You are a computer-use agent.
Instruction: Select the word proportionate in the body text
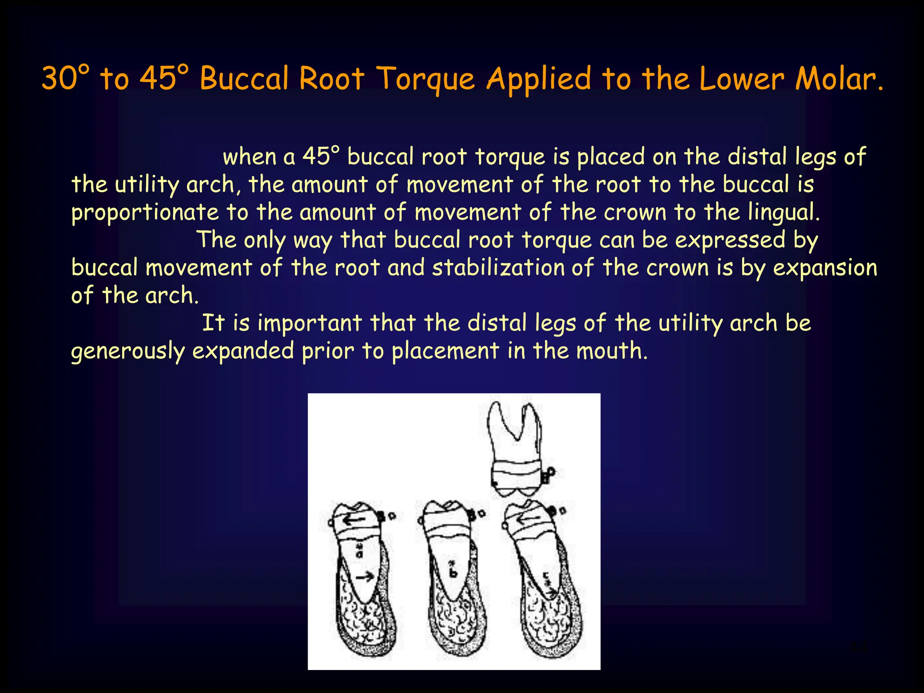[145, 213]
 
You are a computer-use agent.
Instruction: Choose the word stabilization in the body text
[498, 268]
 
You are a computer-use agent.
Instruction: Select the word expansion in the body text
[825, 268]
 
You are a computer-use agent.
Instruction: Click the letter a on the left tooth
[360, 553]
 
